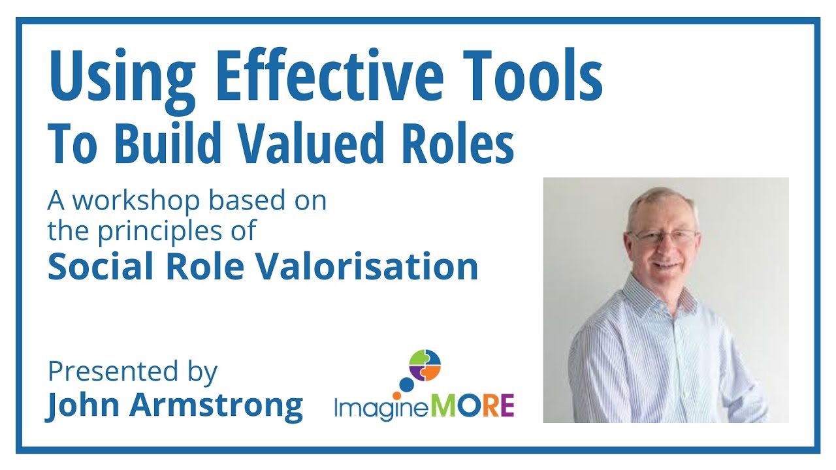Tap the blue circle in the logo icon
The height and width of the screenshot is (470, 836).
(x=406, y=384)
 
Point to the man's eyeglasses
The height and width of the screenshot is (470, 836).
(x=665, y=236)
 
